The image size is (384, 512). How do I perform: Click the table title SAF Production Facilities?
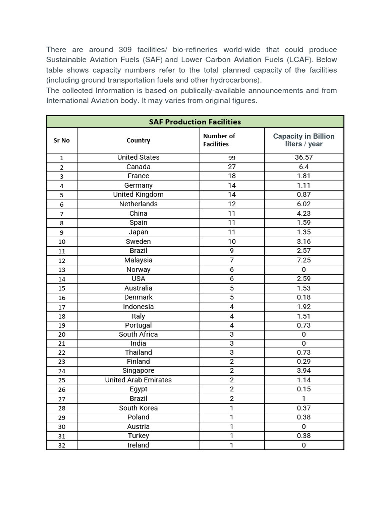[195, 122]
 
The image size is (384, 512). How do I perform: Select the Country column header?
[138, 140]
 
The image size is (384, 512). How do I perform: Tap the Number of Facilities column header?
[219, 140]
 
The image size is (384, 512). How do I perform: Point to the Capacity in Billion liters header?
[304, 140]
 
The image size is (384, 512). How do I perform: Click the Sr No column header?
[62, 140]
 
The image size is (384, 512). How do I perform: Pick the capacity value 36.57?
[303, 157]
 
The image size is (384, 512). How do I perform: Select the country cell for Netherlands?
[138, 204]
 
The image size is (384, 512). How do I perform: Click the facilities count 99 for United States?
[232, 158]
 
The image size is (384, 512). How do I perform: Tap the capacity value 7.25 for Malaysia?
[303, 260]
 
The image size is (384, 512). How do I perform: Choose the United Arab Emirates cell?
[138, 380]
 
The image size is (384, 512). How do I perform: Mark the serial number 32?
[62, 446]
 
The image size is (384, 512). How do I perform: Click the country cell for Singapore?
[138, 371]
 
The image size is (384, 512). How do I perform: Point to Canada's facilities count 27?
[232, 167]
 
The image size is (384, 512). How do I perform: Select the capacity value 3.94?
[303, 371]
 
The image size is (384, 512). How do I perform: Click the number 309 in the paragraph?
[125, 50]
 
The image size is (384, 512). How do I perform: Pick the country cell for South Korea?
[138, 408]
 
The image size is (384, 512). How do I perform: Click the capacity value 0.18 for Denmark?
[303, 297]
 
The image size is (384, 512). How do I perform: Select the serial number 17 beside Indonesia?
[62, 307]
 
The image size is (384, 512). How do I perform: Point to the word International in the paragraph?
[70, 100]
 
